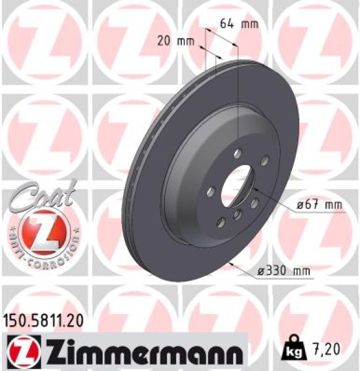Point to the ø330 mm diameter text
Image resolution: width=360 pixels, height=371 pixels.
(x=285, y=271)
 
